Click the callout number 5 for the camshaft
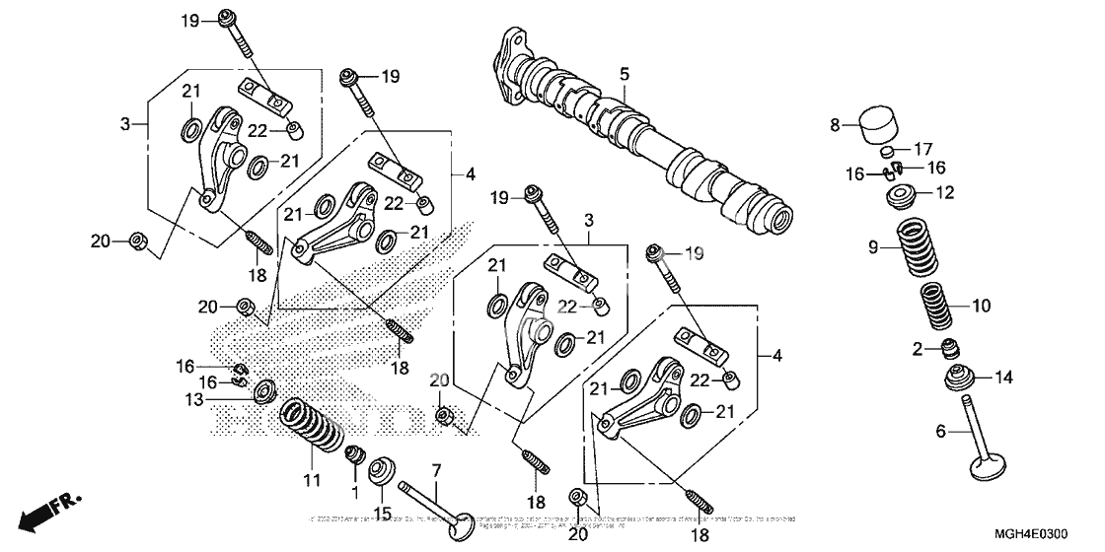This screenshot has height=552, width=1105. point(624,74)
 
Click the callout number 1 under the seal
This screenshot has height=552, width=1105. point(354,490)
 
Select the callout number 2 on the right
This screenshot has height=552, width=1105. point(917,348)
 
